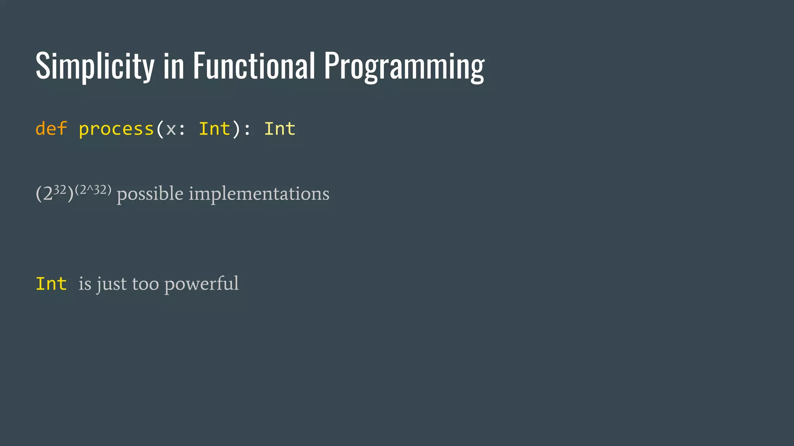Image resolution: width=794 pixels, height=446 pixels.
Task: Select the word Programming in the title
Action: click(x=404, y=67)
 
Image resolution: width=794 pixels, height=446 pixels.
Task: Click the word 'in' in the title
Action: click(x=173, y=67)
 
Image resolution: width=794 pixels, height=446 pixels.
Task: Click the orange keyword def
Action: click(x=51, y=129)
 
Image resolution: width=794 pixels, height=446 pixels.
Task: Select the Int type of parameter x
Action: click(x=214, y=129)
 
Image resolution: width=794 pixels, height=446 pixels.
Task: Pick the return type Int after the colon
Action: click(x=280, y=129)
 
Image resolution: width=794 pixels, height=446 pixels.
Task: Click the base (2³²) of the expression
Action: click(x=54, y=193)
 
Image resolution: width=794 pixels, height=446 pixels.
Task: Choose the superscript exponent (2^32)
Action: click(x=93, y=190)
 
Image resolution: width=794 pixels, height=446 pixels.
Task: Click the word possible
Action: click(x=150, y=194)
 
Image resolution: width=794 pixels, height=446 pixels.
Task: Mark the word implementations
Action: click(x=259, y=194)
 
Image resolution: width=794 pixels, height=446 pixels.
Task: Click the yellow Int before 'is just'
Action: click(x=51, y=284)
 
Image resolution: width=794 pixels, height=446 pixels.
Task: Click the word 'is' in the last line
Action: click(x=85, y=284)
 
